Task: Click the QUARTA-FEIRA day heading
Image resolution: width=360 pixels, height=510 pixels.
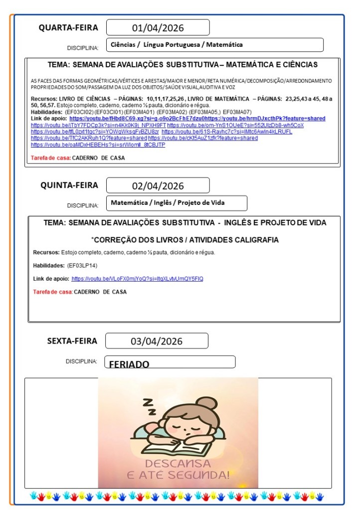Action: [x=68, y=28]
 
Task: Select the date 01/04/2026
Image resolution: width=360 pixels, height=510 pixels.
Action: [x=158, y=28]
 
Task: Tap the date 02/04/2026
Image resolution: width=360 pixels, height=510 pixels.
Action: [x=158, y=186]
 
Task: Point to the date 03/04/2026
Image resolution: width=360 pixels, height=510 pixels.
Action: [x=157, y=341]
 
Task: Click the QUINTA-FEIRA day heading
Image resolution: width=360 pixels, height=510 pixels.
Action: [x=69, y=185]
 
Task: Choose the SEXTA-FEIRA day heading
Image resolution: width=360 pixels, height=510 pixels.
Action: [x=72, y=341]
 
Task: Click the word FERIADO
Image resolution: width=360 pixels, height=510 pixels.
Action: [x=129, y=364]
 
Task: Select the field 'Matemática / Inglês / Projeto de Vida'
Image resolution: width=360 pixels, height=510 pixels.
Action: [x=168, y=203]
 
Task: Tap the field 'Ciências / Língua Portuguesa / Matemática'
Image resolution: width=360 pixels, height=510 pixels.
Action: [x=177, y=45]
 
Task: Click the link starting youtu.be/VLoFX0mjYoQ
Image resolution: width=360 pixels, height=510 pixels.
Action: [x=137, y=279]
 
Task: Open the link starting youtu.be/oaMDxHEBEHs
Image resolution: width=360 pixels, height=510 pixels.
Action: [x=98, y=145]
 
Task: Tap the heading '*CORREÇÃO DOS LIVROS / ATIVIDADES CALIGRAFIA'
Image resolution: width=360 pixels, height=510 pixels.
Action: [x=184, y=240]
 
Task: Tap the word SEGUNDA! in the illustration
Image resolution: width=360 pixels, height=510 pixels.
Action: [x=199, y=476]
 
